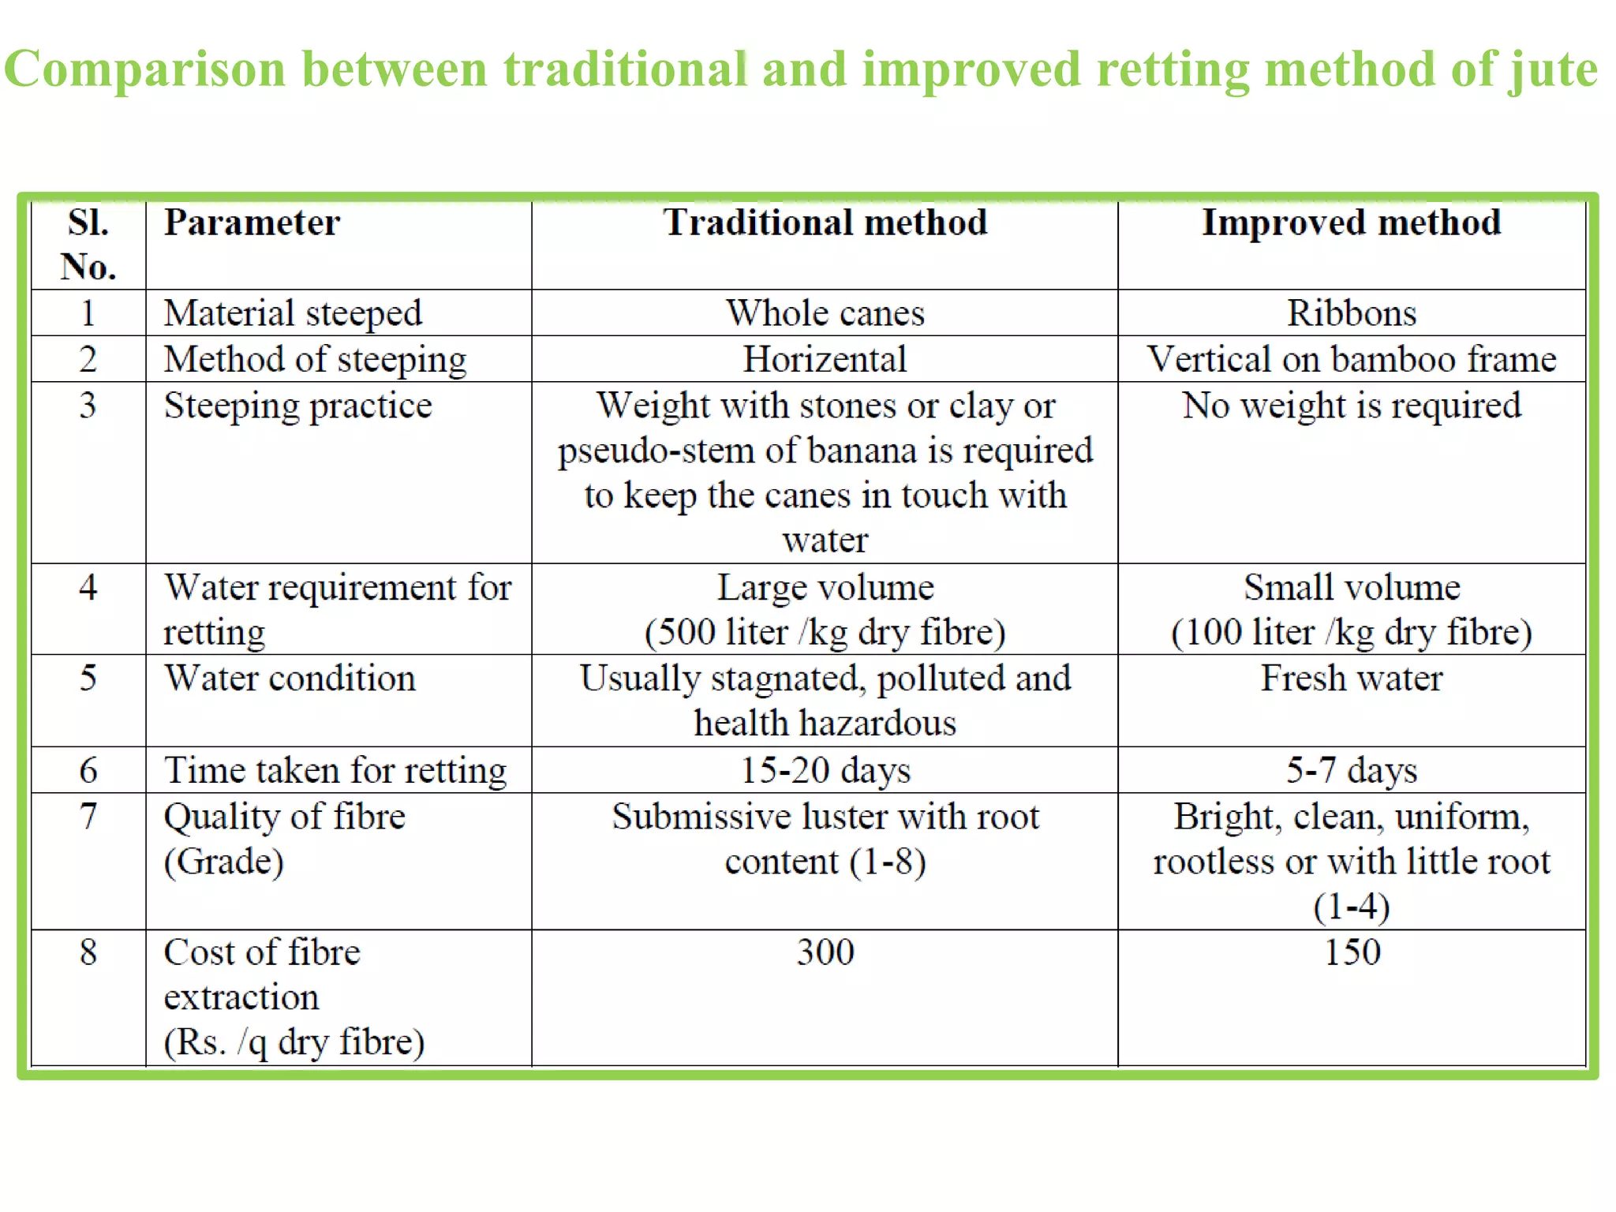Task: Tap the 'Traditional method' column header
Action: [825, 223]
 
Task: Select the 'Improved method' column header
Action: [1351, 223]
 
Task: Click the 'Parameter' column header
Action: [252, 223]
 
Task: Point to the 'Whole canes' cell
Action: [825, 313]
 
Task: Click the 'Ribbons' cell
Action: [1351, 313]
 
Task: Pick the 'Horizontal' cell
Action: [825, 360]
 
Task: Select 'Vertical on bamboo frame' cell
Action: [1351, 360]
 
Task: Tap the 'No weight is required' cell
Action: [1351, 406]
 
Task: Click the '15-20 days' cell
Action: [825, 770]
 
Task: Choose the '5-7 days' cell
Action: [1351, 770]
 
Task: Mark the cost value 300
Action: [825, 952]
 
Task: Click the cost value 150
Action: [1351, 952]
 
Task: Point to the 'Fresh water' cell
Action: [1351, 679]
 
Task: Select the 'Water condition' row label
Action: [290, 679]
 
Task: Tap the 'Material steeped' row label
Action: [293, 313]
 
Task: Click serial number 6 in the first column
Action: [88, 770]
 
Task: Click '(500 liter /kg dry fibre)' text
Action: [825, 633]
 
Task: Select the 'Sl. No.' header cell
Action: [88, 245]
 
